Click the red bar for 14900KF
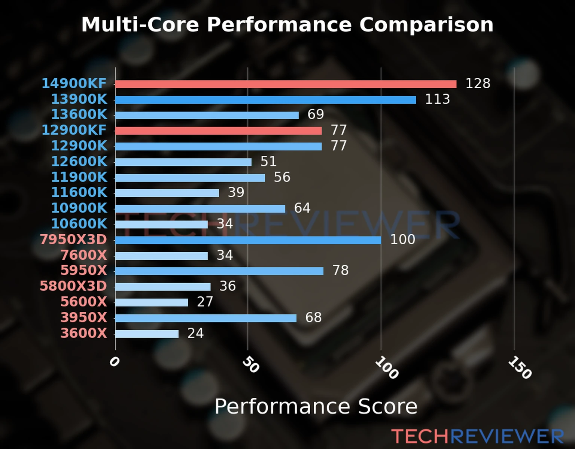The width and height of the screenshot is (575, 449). (x=286, y=84)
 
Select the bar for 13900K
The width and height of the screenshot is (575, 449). (x=265, y=100)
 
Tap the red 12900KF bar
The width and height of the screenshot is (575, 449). (x=218, y=131)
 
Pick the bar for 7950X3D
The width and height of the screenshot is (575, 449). (x=248, y=240)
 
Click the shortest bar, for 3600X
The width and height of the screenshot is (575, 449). (x=147, y=334)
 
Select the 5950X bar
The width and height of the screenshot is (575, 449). (x=219, y=271)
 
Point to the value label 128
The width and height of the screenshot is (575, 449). (x=478, y=83)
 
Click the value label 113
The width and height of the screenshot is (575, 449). (x=437, y=99)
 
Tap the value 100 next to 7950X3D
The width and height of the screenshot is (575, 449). (x=402, y=239)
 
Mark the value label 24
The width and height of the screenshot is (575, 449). (x=195, y=333)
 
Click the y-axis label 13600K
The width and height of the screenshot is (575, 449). (x=79, y=114)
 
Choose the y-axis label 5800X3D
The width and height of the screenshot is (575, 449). (x=73, y=286)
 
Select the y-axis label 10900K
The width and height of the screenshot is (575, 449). (x=79, y=208)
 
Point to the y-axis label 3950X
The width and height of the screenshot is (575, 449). (x=83, y=318)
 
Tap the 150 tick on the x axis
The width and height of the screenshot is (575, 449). (x=520, y=367)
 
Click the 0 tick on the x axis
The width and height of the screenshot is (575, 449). (x=114, y=361)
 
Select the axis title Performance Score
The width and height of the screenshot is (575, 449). (x=316, y=406)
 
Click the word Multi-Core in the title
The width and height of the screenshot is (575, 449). (x=140, y=25)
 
